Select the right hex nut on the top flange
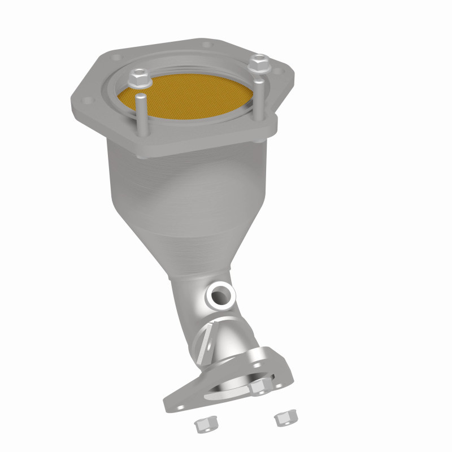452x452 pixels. tap(259, 62)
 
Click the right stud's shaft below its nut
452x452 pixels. tap(258, 96)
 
